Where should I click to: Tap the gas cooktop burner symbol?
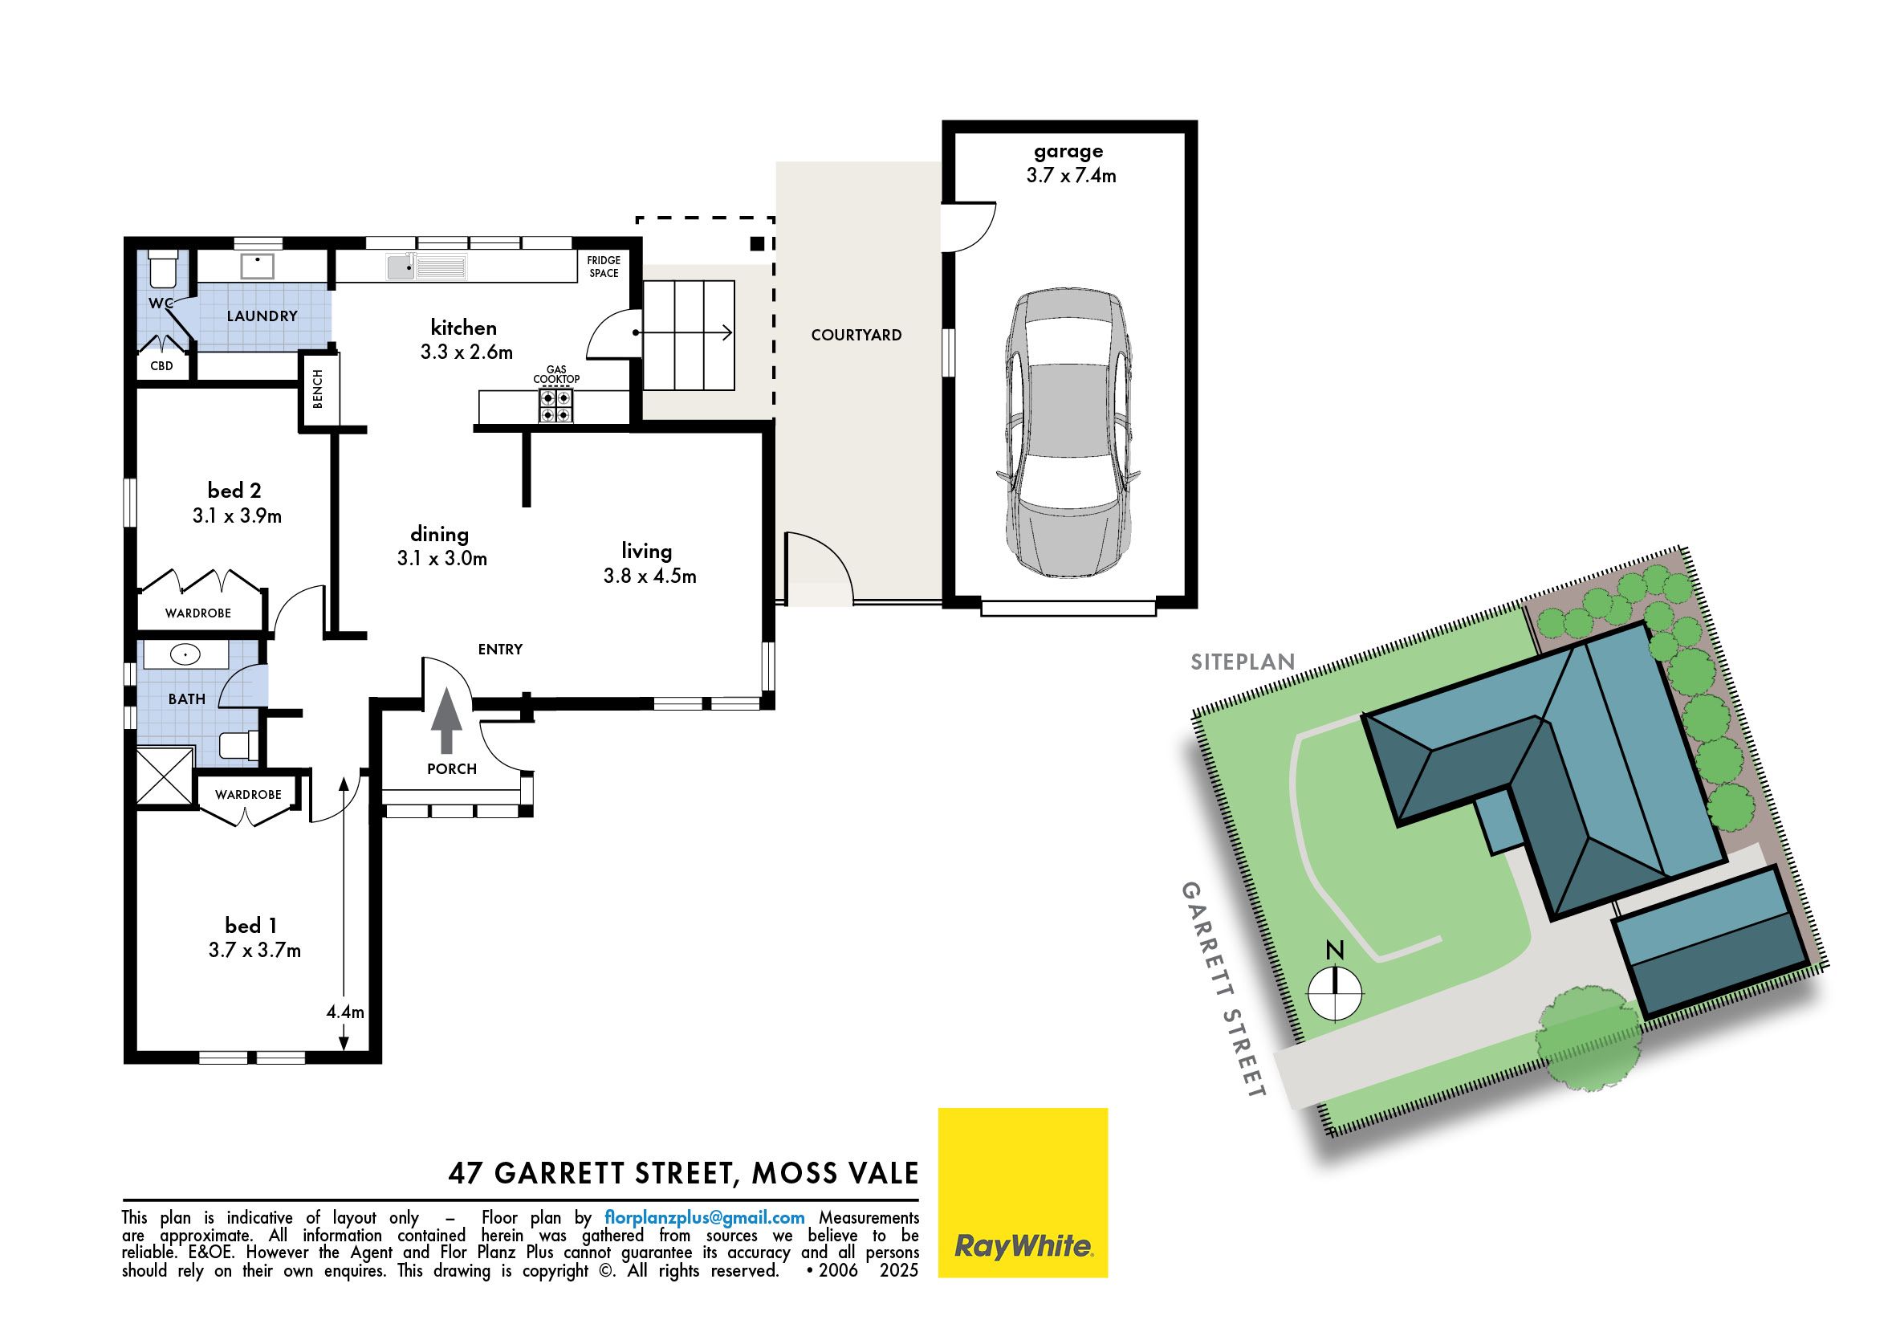click(555, 406)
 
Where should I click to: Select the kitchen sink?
click(426, 267)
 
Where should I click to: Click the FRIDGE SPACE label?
click(604, 267)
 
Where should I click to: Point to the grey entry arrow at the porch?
click(447, 720)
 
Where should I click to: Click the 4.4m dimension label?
click(345, 1012)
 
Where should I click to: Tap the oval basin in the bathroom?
click(185, 656)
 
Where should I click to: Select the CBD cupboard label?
click(162, 365)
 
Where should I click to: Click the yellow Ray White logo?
click(1023, 1192)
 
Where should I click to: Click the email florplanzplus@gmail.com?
click(705, 1217)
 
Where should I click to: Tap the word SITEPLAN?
click(1242, 662)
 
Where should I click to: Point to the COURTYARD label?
click(856, 336)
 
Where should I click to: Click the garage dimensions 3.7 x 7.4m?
click(1071, 175)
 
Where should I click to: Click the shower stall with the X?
click(165, 775)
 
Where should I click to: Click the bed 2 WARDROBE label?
click(198, 613)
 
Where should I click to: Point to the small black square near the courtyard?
click(756, 243)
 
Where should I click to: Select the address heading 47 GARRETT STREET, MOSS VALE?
click(683, 1173)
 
